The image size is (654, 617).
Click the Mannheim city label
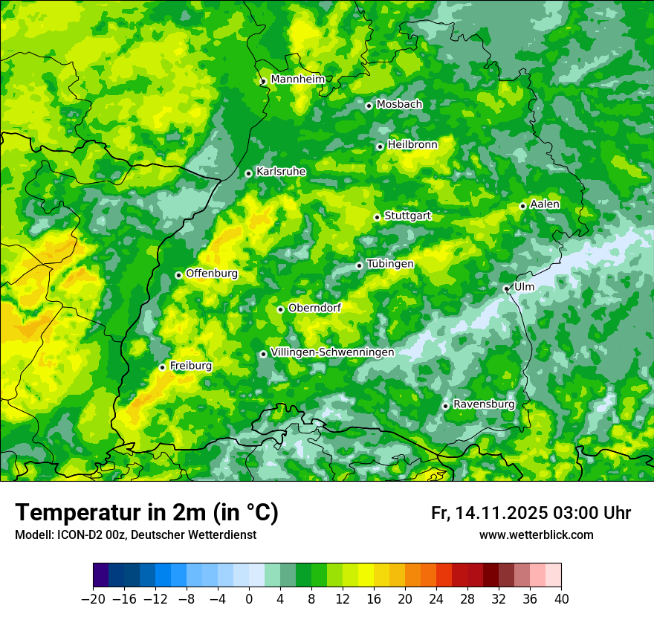pos(297,80)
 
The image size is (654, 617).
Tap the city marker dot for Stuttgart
pos(377,217)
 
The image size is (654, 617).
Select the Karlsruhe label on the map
pos(280,172)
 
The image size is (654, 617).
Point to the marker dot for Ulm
pos(506,288)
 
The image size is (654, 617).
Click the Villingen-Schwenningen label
pos(332,352)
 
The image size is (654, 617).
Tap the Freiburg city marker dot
pos(162,367)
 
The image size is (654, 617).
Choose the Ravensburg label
pos(483,404)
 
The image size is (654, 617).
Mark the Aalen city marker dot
pos(522,206)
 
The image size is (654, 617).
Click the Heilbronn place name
pos(412,145)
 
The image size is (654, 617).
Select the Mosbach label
pos(398,105)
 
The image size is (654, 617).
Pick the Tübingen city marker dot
pos(359,265)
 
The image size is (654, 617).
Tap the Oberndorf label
pos(314,308)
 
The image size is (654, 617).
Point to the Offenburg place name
pos(211,274)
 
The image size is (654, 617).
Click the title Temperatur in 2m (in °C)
pos(146,513)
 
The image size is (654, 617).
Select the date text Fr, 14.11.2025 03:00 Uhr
pos(531,513)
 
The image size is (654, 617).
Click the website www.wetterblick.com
pos(536,535)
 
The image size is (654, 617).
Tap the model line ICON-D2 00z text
pos(135,535)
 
